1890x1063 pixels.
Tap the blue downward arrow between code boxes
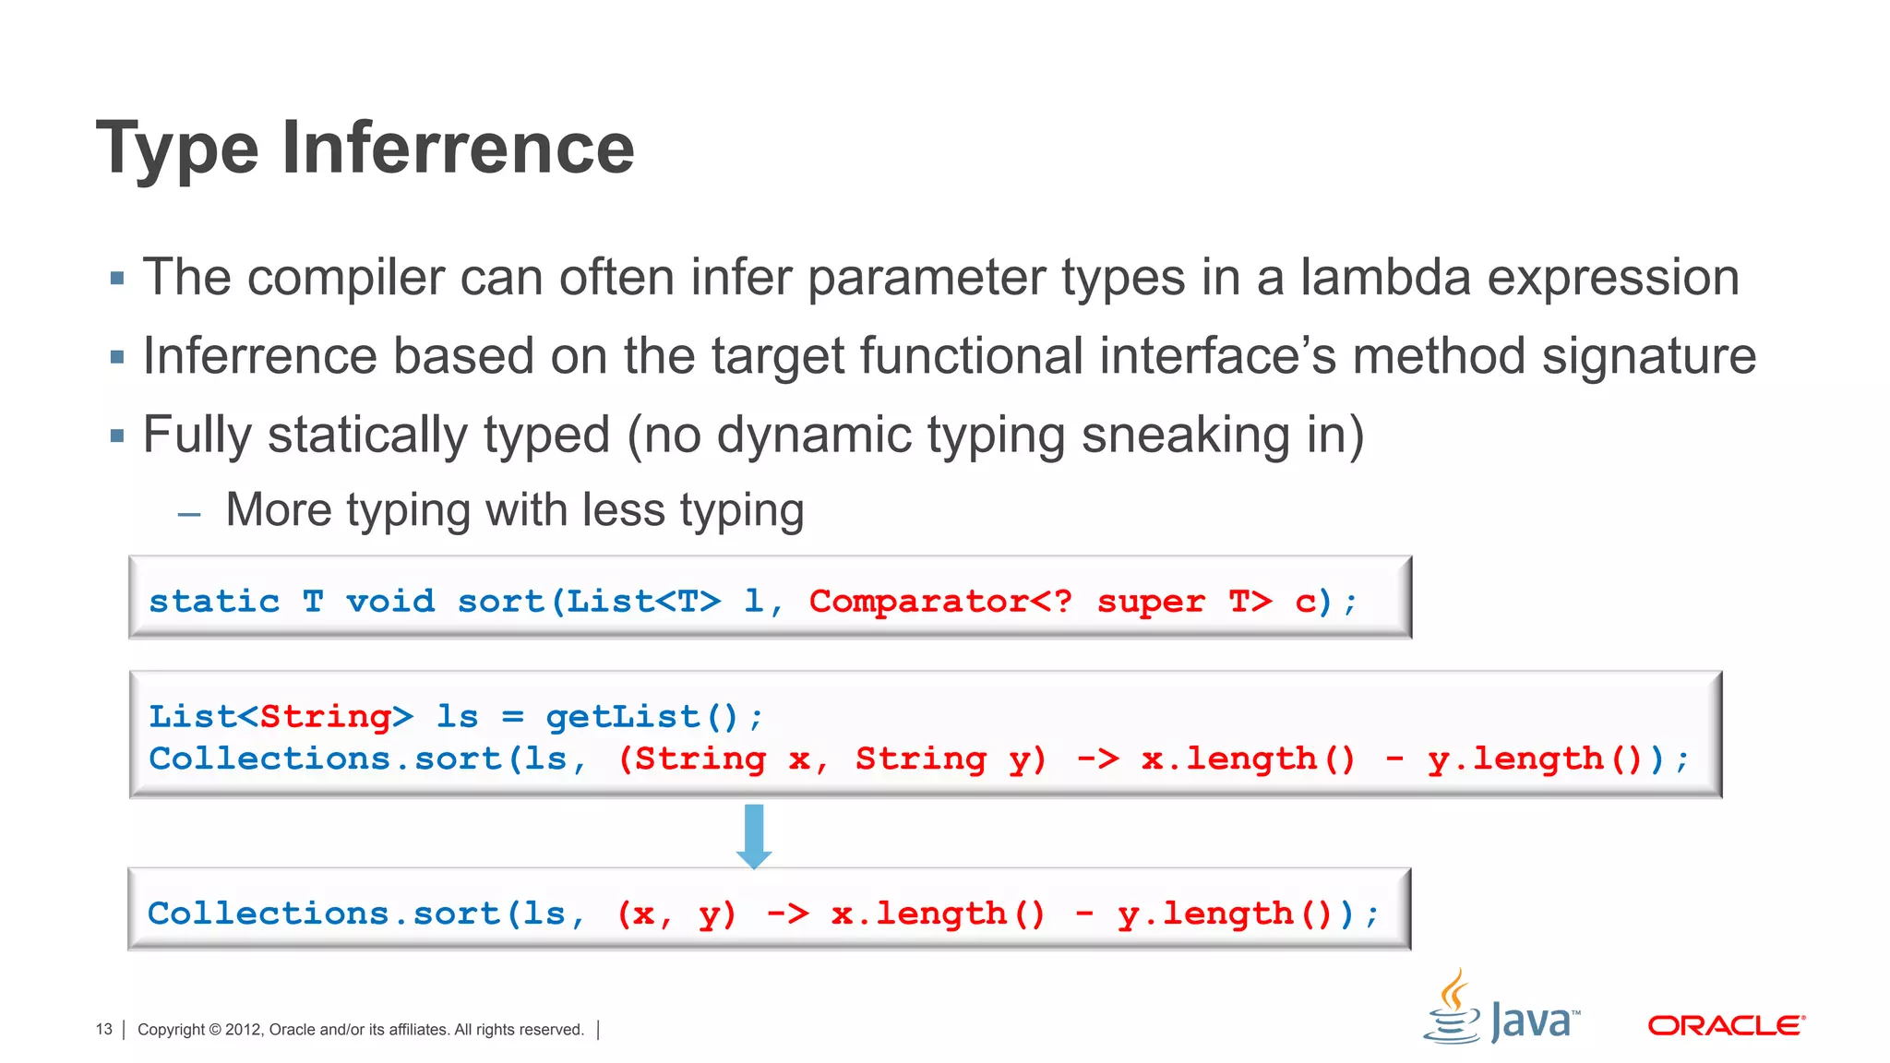[754, 835]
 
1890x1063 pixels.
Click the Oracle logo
[1726, 1025]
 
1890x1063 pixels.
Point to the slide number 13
[103, 1029]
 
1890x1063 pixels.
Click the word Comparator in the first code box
[918, 602]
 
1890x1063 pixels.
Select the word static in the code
[214, 602]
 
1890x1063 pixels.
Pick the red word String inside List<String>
[325, 717]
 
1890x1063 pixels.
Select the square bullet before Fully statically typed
[117, 436]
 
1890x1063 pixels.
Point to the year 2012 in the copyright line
[243, 1029]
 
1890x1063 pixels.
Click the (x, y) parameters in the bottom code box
[676, 914]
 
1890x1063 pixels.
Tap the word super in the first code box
[1150, 602]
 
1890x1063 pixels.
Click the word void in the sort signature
[389, 602]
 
